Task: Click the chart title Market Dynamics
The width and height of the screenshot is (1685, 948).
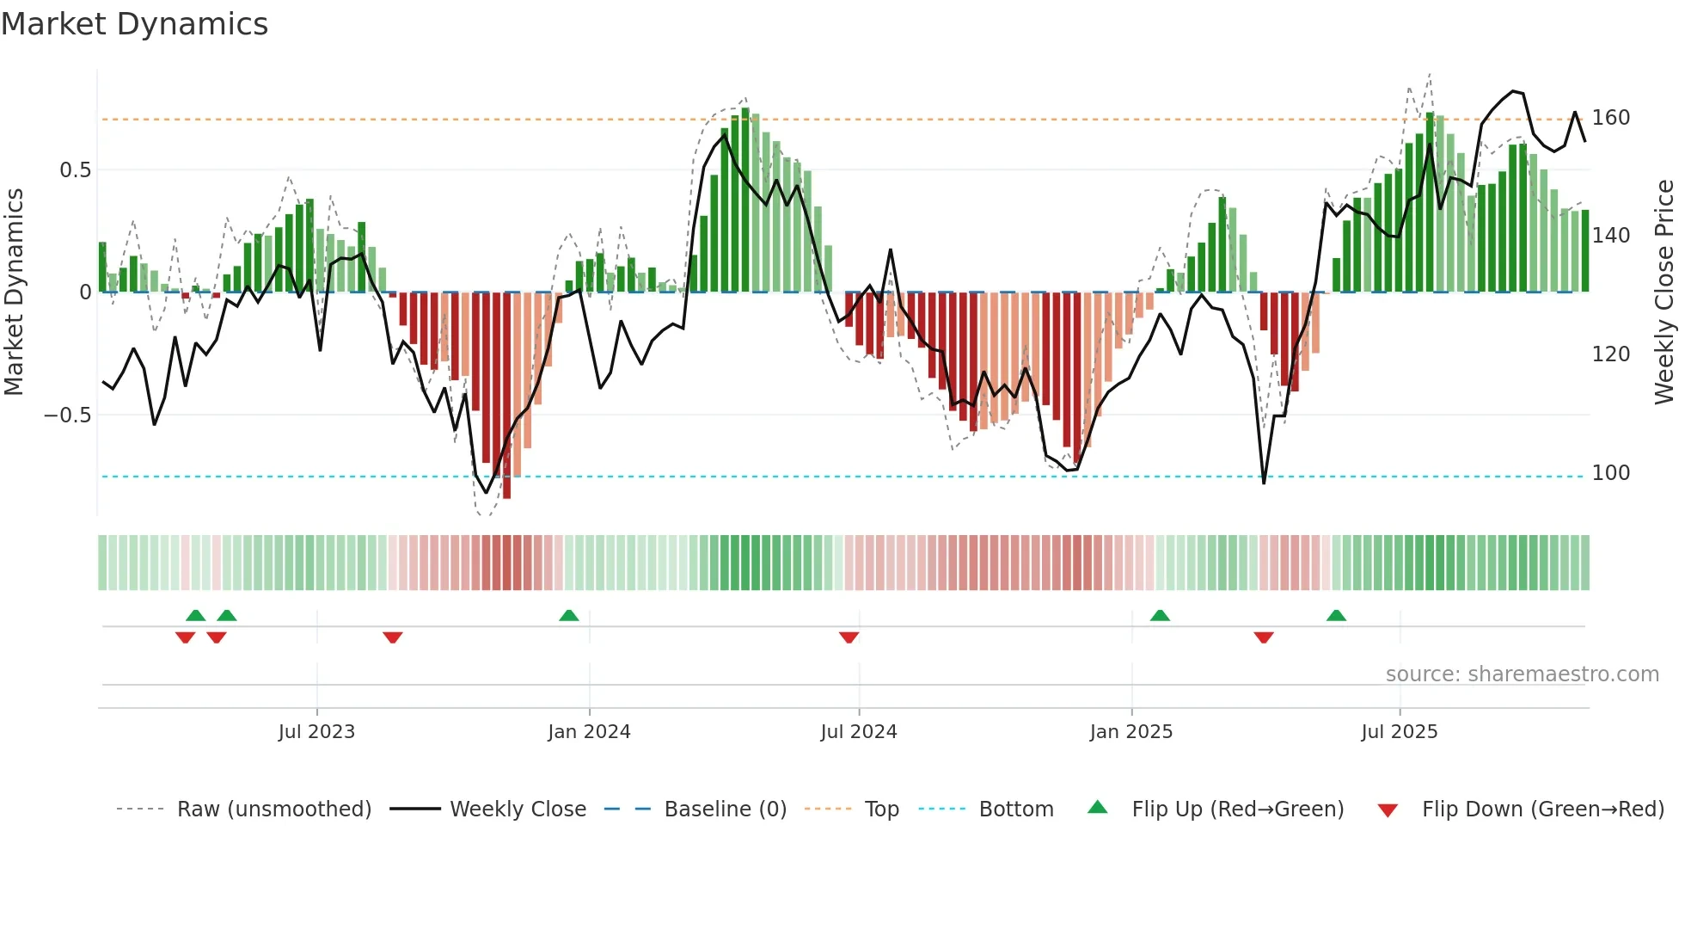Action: point(134,24)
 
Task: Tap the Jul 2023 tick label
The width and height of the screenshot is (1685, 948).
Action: point(316,732)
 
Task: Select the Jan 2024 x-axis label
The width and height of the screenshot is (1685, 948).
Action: point(589,732)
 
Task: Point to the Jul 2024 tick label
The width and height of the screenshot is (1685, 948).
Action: point(858,732)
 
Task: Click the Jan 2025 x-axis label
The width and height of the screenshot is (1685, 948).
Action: point(1130,732)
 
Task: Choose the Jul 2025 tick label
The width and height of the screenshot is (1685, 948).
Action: point(1399,732)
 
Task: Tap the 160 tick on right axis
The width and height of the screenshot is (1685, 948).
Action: point(1610,118)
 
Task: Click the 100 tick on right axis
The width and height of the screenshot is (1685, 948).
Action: point(1610,473)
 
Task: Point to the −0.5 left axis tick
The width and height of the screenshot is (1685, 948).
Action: point(67,416)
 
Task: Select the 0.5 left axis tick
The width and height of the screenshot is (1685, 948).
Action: point(75,170)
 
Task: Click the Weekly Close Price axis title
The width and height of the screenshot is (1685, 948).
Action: point(1664,292)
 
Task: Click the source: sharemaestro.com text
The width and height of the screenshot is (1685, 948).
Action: point(1522,674)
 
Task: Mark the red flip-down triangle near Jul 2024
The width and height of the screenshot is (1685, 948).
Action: point(849,637)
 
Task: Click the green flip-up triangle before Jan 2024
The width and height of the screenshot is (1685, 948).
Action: point(568,615)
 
